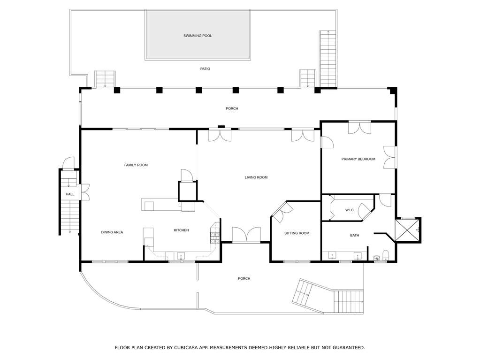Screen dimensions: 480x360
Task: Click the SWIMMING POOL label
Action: coord(198,36)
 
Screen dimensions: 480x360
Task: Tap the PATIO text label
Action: coord(205,69)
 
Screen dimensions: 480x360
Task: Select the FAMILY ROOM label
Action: coord(136,165)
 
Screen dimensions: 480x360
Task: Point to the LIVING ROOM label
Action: coord(256,177)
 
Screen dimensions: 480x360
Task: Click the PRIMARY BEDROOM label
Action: coord(358,159)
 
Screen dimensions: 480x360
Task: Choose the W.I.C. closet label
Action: coord(350,210)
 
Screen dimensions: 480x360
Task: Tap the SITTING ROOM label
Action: coord(297,233)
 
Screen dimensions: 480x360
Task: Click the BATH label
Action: coord(355,236)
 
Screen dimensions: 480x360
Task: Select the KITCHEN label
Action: coord(181,230)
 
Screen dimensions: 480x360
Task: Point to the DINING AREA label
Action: coord(112,232)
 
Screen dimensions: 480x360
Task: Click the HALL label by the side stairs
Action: coord(70,194)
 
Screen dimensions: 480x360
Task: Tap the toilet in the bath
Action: coord(385,256)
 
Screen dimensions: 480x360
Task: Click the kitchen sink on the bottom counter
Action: coord(181,256)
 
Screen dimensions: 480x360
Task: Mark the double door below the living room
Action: coord(246,235)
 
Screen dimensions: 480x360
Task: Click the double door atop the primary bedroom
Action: coord(360,128)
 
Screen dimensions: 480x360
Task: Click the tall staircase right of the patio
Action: coord(328,59)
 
